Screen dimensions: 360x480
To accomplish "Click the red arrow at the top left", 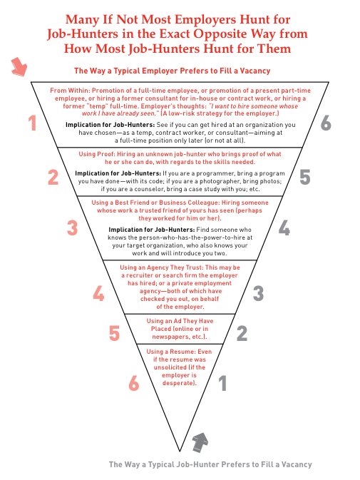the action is pyautogui.click(x=19, y=66).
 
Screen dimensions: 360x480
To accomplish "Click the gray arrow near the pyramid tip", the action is pyautogui.click(x=200, y=442).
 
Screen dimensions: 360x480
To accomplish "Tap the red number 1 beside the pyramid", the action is pyautogui.click(x=32, y=123).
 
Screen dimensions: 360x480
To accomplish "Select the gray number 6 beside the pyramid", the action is pyautogui.click(x=326, y=123).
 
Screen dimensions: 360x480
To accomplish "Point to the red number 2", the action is pyautogui.click(x=53, y=178).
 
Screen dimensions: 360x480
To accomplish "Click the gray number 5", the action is pyautogui.click(x=304, y=178).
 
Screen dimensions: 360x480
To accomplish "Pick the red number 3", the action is pyautogui.click(x=73, y=228).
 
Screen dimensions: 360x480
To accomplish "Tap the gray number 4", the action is pyautogui.click(x=284, y=228).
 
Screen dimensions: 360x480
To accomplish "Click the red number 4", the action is pyautogui.click(x=99, y=293).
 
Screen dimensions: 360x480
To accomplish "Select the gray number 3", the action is pyautogui.click(x=259, y=293).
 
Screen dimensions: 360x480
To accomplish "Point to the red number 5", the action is pyautogui.click(x=114, y=333).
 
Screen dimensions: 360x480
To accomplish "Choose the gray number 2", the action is pyautogui.click(x=242, y=333).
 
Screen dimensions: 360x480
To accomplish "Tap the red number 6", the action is pyautogui.click(x=134, y=383).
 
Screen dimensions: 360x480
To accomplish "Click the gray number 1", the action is pyautogui.click(x=222, y=383).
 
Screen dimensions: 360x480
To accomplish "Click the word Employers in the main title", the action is pyautogui.click(x=205, y=20).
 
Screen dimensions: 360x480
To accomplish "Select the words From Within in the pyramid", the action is pyautogui.click(x=69, y=91).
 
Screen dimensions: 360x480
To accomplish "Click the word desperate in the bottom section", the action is pyautogui.click(x=178, y=383).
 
